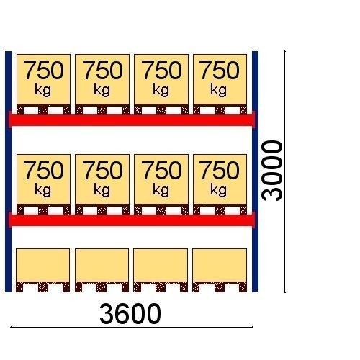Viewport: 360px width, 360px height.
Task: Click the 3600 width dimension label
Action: click(x=130, y=314)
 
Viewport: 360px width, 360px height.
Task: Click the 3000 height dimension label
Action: click(x=272, y=171)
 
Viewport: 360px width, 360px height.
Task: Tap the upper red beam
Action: click(x=132, y=120)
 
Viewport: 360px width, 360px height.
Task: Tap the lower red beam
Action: click(x=132, y=220)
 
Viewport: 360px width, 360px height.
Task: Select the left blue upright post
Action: click(x=8, y=171)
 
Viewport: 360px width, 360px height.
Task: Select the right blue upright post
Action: click(x=255, y=171)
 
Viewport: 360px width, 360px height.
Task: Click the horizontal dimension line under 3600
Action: click(x=132, y=327)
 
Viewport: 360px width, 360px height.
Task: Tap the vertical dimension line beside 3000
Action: click(x=284, y=171)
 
